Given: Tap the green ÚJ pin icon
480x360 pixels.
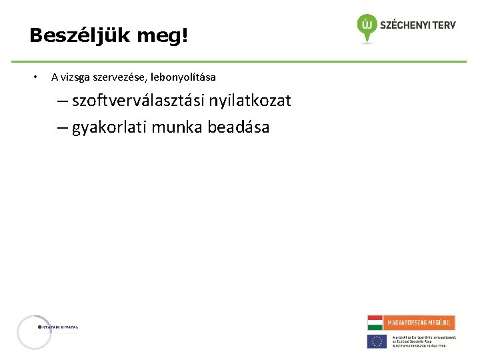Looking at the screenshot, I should [366, 26].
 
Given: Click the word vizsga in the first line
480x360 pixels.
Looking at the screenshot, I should [76, 77].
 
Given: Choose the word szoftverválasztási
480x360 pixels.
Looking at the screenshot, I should [138, 101].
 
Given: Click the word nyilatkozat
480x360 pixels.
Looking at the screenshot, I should [250, 101].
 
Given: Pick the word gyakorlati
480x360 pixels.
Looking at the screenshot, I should [109, 127].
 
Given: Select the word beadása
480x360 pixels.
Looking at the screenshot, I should [239, 127].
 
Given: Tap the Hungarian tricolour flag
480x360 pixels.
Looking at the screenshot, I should [375, 323].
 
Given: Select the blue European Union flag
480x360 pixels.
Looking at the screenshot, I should [377, 341].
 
